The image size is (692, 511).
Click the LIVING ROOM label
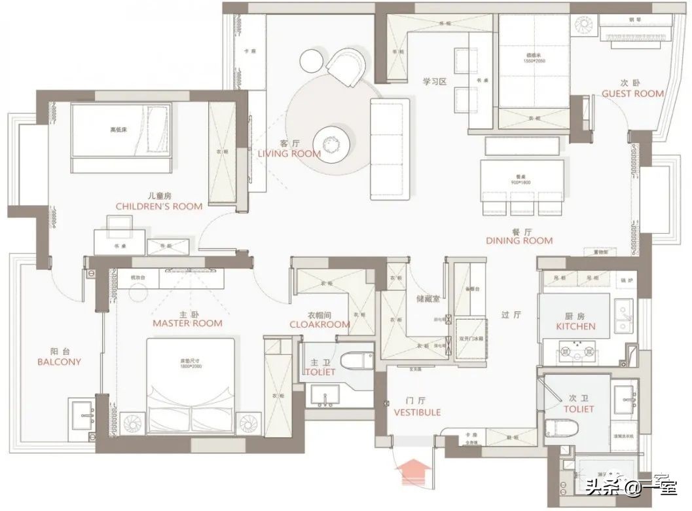[289, 154]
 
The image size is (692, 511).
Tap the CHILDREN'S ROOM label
[158, 206]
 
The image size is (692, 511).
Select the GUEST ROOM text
[632, 94]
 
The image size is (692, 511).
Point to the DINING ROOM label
[519, 240]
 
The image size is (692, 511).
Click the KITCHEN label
[575, 326]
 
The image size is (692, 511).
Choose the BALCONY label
[59, 361]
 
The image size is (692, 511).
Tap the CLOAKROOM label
[319, 324]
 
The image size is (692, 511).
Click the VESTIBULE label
[417, 412]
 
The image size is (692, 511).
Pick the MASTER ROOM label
[187, 323]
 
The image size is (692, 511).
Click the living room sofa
[390, 149]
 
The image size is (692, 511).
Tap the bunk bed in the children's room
[120, 130]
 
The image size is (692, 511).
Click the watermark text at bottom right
[632, 487]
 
